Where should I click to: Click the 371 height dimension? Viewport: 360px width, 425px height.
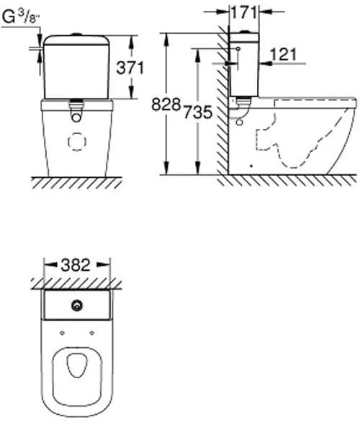pos(131,68)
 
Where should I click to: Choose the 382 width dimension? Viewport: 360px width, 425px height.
pos(76,264)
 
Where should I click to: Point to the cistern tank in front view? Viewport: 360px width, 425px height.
pos(76,68)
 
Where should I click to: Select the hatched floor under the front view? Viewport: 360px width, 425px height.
pos(76,178)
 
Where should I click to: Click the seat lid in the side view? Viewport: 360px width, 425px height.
pos(317,102)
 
